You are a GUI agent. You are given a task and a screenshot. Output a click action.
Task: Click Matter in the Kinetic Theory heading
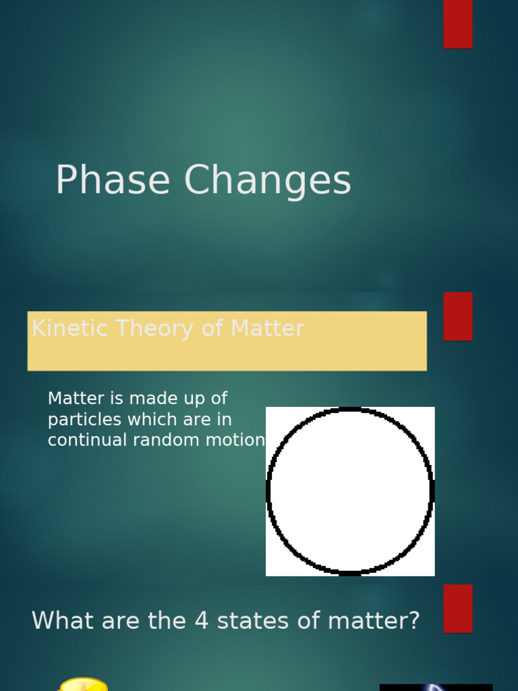[267, 329]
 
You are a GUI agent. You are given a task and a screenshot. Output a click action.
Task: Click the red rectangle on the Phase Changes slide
[458, 24]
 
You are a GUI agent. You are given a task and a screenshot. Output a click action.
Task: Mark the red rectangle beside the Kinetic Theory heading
[458, 316]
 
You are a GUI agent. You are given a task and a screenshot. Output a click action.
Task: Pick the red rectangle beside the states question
[458, 608]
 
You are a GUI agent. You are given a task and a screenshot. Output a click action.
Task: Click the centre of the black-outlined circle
[350, 491]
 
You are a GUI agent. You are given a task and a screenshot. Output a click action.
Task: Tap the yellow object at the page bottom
[84, 684]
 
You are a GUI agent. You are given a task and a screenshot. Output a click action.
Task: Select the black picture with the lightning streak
[436, 687]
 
